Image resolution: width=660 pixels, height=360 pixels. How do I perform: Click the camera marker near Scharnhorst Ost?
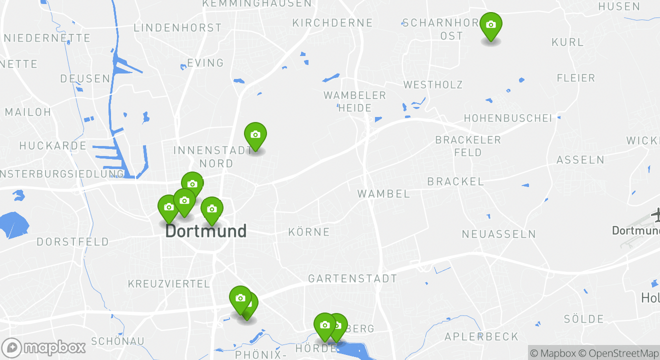click(490, 25)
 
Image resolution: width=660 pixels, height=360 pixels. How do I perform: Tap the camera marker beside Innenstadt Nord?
click(255, 135)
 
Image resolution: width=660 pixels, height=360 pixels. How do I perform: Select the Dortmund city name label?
click(205, 231)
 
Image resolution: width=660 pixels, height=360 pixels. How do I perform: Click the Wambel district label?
click(383, 193)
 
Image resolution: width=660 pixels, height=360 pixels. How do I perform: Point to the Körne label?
click(309, 232)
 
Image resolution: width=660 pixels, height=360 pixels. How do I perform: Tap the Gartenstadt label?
click(352, 278)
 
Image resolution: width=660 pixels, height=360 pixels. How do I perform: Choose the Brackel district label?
click(455, 181)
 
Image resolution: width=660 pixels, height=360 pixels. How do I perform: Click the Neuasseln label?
click(498, 234)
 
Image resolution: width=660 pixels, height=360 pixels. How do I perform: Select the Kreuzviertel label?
click(169, 284)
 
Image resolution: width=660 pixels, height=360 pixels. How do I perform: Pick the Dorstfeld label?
click(72, 242)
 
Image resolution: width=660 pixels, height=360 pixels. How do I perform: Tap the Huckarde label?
click(53, 146)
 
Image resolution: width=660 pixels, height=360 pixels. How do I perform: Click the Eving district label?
click(205, 63)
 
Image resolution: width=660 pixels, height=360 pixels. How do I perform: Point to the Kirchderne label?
click(332, 23)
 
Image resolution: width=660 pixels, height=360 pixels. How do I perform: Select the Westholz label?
click(433, 85)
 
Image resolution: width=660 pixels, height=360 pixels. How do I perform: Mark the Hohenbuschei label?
click(508, 118)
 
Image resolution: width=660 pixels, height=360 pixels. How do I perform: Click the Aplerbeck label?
click(481, 336)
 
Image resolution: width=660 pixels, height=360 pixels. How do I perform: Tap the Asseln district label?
click(580, 160)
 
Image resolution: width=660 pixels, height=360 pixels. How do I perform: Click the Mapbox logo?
click(44, 347)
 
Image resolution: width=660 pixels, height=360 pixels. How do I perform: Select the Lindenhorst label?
click(177, 28)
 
